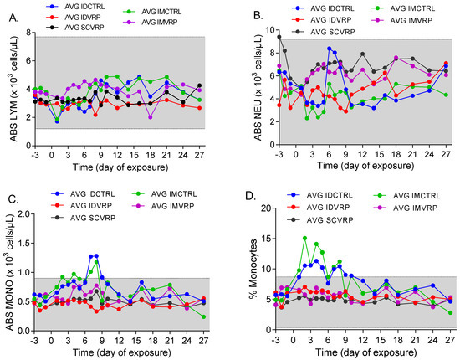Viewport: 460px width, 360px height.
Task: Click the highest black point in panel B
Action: (x=279, y=36)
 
